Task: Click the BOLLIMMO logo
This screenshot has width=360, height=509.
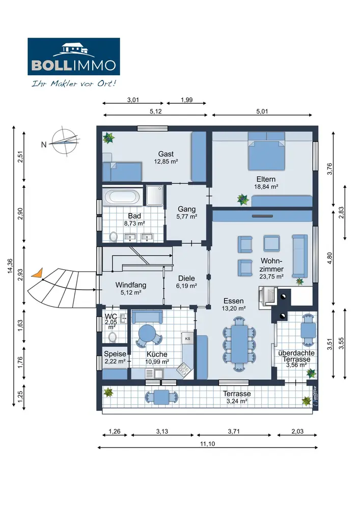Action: click(74, 56)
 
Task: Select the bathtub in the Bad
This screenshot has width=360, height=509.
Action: click(121, 196)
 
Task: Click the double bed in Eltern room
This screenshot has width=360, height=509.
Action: click(266, 151)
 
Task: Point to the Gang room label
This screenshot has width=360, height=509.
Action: click(187, 209)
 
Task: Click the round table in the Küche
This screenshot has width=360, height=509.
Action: click(147, 334)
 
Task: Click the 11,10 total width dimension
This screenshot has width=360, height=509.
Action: click(205, 444)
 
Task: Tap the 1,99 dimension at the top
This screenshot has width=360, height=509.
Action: click(186, 100)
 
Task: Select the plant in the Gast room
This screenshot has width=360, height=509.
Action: click(108, 137)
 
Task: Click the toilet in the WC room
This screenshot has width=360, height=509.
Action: click(114, 337)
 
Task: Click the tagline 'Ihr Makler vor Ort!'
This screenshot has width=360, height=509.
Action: click(74, 82)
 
